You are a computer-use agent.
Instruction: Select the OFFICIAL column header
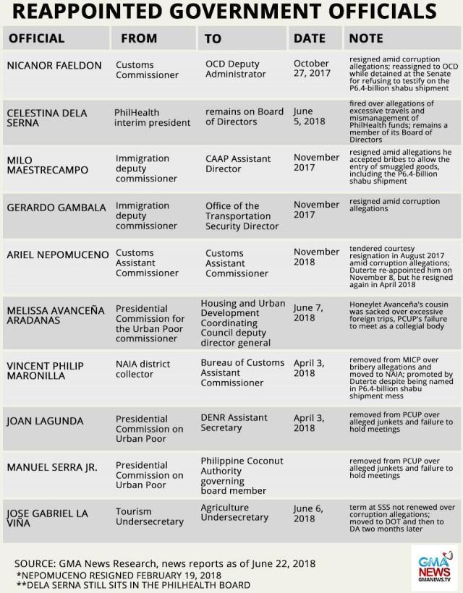37,38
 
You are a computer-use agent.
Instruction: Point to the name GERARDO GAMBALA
54,207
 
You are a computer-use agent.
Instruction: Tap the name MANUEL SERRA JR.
51,467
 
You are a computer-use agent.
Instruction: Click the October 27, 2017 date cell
312,69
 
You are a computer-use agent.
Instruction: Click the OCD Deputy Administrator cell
239,69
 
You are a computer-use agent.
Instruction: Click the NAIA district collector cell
145,369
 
